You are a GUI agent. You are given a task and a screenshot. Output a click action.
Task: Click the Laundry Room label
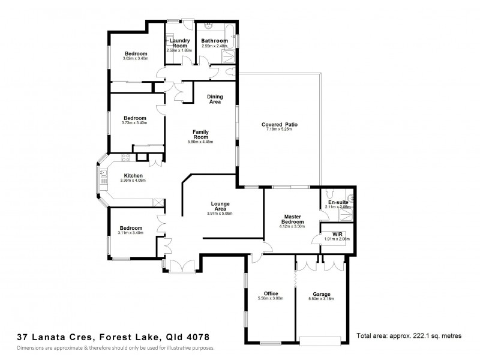[x=181, y=43]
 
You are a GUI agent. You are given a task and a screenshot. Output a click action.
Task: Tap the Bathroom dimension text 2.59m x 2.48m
[x=214, y=46]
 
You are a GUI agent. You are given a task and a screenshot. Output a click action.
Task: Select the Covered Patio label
[x=279, y=125]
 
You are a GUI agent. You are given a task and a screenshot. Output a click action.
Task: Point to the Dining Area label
[x=214, y=99]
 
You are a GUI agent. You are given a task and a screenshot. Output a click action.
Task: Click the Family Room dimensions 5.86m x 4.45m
[x=200, y=142]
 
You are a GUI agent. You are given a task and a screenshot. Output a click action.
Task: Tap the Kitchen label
[x=133, y=175]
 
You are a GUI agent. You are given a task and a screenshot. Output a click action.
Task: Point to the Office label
[x=271, y=293]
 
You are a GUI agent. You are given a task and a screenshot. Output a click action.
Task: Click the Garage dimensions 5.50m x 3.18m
[x=321, y=299]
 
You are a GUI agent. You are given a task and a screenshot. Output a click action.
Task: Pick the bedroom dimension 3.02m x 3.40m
[x=135, y=58]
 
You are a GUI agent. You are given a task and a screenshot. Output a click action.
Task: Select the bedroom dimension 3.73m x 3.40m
[x=135, y=122]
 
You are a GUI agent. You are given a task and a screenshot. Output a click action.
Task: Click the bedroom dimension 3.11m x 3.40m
[x=130, y=233]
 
